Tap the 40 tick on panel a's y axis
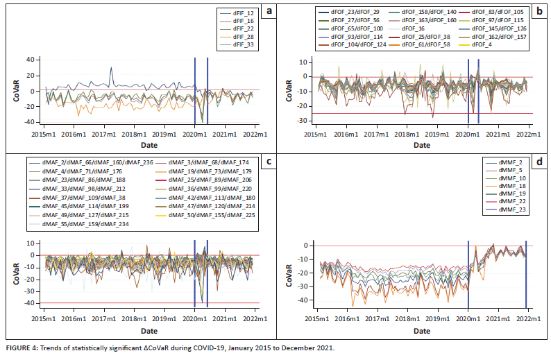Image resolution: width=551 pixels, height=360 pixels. [x=31, y=59]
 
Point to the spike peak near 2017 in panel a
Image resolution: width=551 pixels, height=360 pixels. [x=111, y=68]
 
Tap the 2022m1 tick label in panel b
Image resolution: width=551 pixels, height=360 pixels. [x=529, y=133]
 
